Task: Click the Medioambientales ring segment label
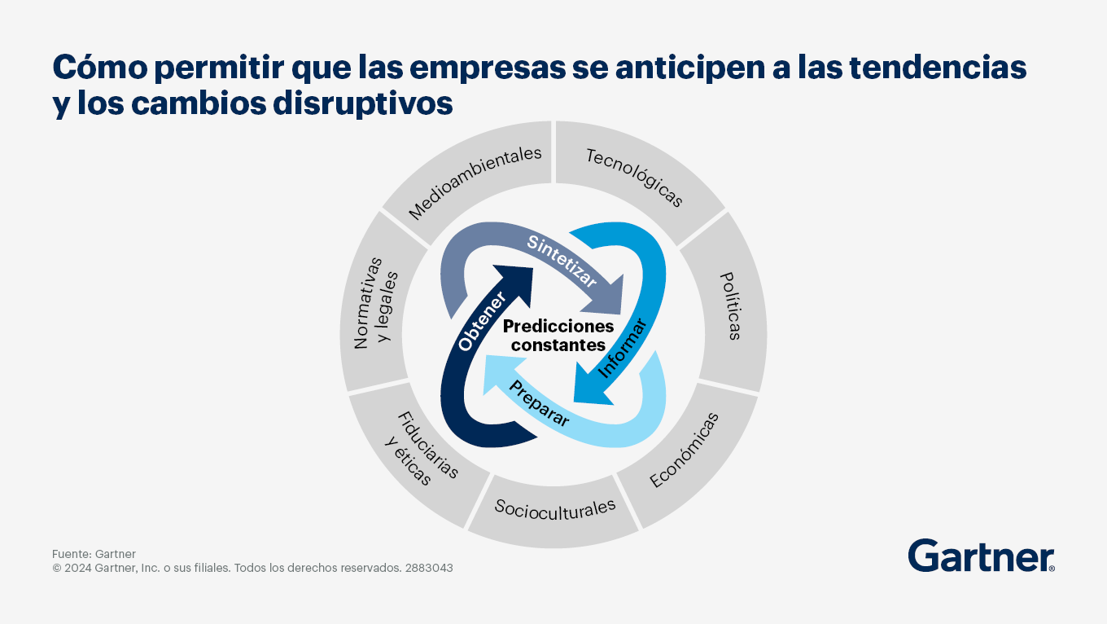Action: click(475, 182)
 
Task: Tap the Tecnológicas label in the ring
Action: click(635, 177)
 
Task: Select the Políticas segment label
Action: click(731, 306)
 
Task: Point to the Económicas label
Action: click(684, 450)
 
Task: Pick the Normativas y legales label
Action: click(376, 302)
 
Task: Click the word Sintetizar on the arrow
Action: click(562, 261)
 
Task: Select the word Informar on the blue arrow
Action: click(623, 348)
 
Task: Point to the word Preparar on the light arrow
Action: click(539, 403)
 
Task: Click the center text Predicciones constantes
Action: click(558, 336)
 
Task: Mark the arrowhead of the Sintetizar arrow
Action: click(606, 297)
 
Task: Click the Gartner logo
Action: click(981, 556)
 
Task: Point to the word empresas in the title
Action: click(487, 68)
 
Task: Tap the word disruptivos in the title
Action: click(363, 104)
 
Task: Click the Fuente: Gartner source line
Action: click(94, 554)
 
